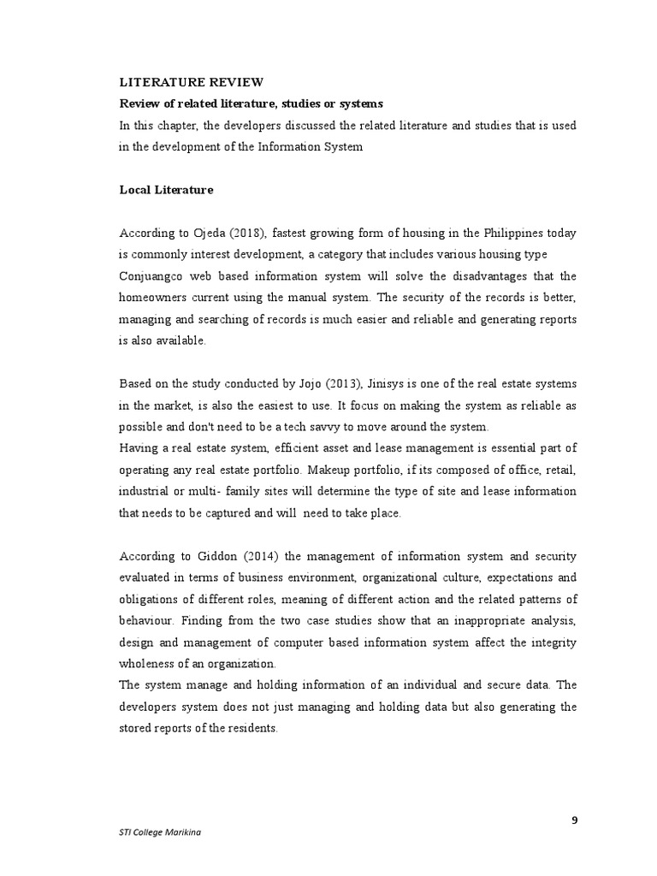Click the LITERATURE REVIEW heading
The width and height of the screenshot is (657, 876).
[x=191, y=82]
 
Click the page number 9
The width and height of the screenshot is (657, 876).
[x=575, y=820]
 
